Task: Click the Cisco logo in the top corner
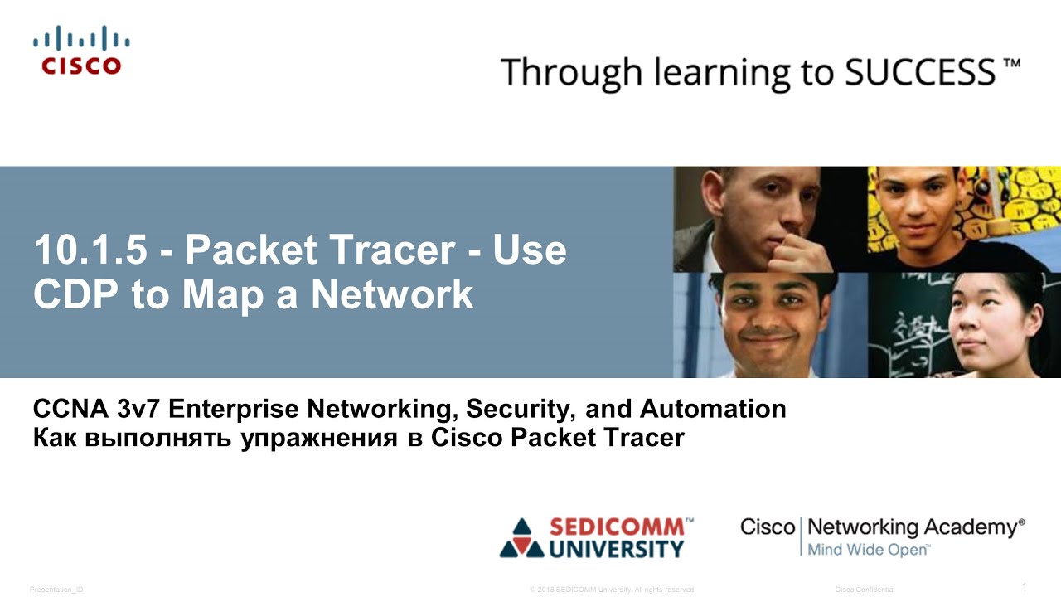81,51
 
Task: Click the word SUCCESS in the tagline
921,73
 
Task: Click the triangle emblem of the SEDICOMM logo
521,538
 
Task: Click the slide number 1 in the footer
1024,588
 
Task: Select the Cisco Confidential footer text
865,590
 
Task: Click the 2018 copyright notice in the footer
612,590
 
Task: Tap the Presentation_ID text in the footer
56,590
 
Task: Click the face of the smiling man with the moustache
767,319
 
